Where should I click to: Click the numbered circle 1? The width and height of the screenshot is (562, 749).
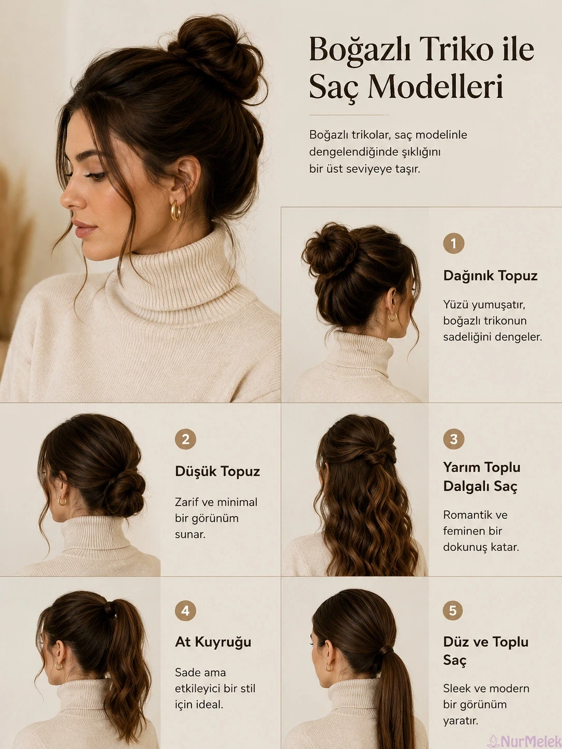click(x=453, y=243)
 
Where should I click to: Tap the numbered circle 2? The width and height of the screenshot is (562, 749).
click(x=185, y=439)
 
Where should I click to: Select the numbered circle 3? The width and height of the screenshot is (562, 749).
click(x=453, y=439)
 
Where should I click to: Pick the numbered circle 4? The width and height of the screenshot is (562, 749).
click(x=185, y=610)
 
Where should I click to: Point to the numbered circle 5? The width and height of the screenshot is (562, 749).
click(x=453, y=610)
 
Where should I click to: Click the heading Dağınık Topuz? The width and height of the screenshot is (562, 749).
click(x=491, y=276)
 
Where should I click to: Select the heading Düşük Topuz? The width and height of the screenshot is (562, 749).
click(x=217, y=471)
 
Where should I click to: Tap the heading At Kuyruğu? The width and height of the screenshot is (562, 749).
click(x=213, y=642)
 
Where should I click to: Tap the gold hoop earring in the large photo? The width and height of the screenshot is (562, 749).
click(x=175, y=210)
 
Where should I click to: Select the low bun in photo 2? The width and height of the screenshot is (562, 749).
click(x=125, y=492)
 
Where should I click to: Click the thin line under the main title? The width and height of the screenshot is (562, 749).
click(x=349, y=115)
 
